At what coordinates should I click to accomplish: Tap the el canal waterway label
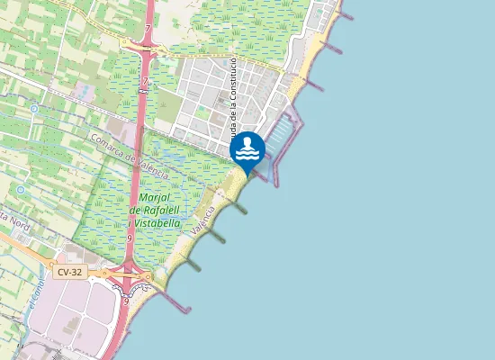tap(37, 293)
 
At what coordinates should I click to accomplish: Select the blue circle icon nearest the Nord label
tap(20, 190)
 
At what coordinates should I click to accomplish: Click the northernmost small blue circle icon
tap(33, 109)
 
